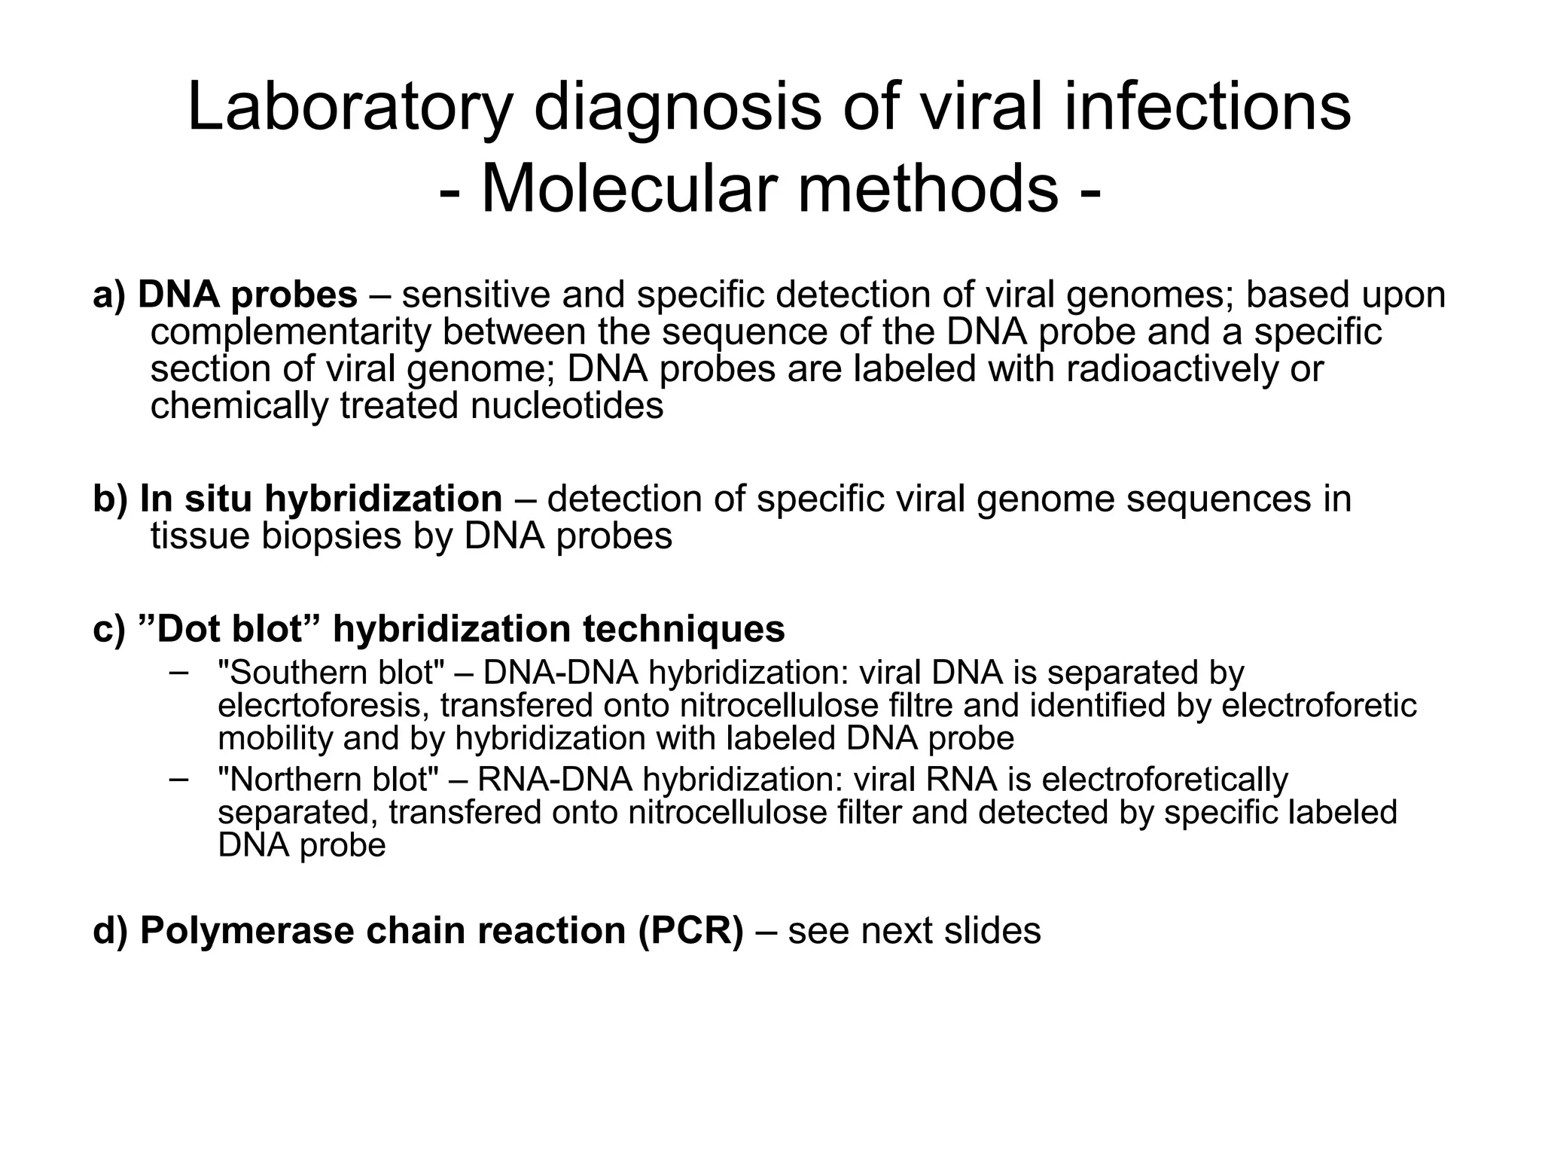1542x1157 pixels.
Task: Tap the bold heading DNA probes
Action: [x=248, y=295]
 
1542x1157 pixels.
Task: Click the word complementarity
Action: [x=290, y=332]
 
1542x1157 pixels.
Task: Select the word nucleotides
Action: [x=567, y=406]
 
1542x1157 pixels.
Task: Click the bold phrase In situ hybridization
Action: [x=321, y=499]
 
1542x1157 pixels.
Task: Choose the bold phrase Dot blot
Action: [x=230, y=629]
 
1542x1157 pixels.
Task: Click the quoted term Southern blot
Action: [x=331, y=673]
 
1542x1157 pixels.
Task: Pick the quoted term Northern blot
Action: [x=328, y=780]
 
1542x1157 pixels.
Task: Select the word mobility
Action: [x=275, y=739]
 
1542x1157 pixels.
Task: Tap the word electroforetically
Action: [x=1165, y=780]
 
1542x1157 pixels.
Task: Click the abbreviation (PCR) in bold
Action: [x=691, y=931]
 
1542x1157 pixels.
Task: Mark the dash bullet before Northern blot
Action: [x=178, y=779]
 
